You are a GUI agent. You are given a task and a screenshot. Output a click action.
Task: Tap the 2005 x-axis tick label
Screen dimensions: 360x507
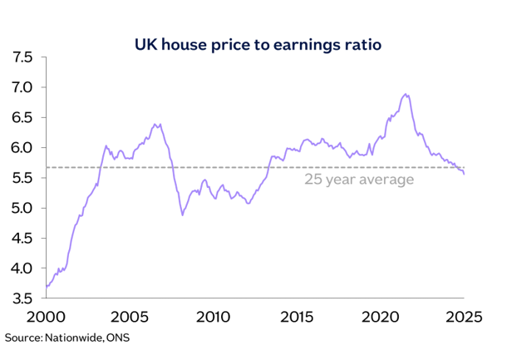[x=129, y=317]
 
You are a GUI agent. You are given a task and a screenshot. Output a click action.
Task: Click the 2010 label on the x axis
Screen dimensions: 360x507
[x=213, y=317]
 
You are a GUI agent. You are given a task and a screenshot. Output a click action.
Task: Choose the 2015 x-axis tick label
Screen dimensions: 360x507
[x=297, y=317]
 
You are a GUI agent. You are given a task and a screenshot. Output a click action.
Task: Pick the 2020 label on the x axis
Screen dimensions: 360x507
[x=381, y=317]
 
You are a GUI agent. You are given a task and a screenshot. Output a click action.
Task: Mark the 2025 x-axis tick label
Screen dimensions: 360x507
[x=464, y=317]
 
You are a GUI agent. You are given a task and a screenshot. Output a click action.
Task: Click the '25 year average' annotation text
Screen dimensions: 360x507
[x=358, y=180]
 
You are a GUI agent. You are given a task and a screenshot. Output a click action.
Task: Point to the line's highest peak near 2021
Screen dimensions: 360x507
[x=405, y=95]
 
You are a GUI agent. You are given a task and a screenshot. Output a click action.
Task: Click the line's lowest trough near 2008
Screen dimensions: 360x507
[x=182, y=215]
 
